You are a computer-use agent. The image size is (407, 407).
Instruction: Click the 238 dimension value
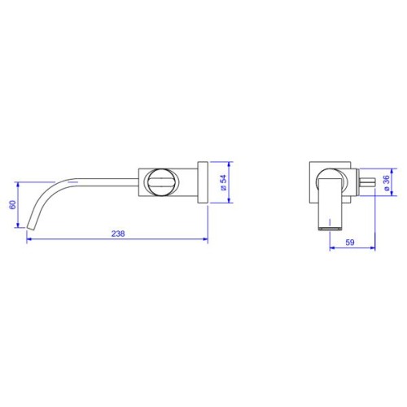coord(118,234)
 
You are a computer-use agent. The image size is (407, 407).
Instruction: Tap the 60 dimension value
coord(12,204)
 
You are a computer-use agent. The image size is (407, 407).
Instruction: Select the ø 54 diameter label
coord(223,182)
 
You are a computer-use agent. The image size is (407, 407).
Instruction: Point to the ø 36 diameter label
coord(387,182)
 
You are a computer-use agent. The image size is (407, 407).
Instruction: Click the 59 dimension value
coord(350,243)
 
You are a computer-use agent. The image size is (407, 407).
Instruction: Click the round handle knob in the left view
coord(160,182)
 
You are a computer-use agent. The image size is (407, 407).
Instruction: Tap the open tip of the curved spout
coord(30,227)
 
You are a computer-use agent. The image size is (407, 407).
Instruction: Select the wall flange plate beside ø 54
coord(203,182)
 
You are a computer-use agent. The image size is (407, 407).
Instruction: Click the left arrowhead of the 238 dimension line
coord(29,239)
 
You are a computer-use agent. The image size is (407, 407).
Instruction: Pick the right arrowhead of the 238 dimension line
coord(205,239)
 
